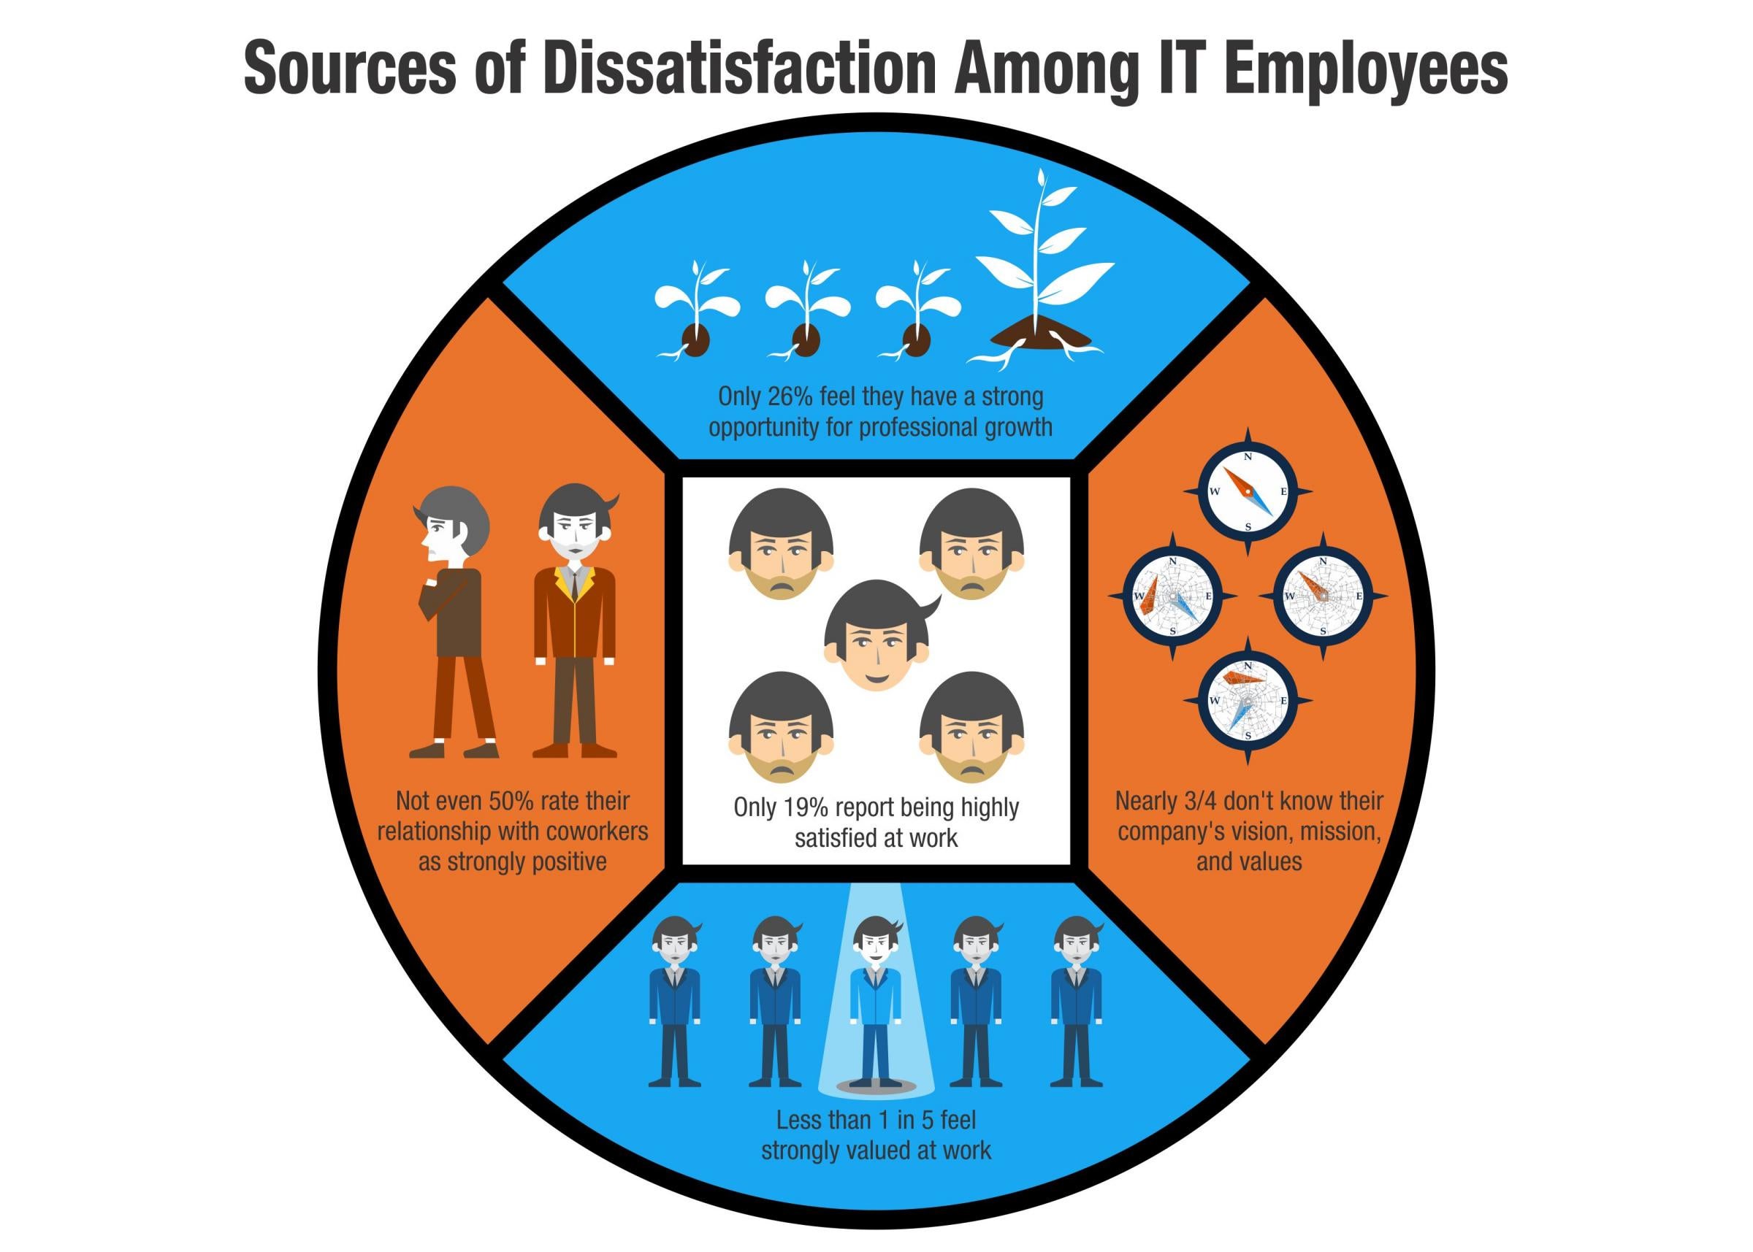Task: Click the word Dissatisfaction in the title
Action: (x=740, y=69)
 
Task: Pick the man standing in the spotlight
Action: (x=875, y=1002)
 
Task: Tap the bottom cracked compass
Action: (x=1248, y=700)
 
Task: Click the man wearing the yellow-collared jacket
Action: (x=575, y=620)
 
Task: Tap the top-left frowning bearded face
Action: (x=781, y=544)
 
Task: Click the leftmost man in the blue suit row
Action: (x=676, y=1002)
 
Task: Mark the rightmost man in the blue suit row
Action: (x=1077, y=1002)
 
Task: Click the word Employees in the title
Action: (x=1366, y=70)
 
